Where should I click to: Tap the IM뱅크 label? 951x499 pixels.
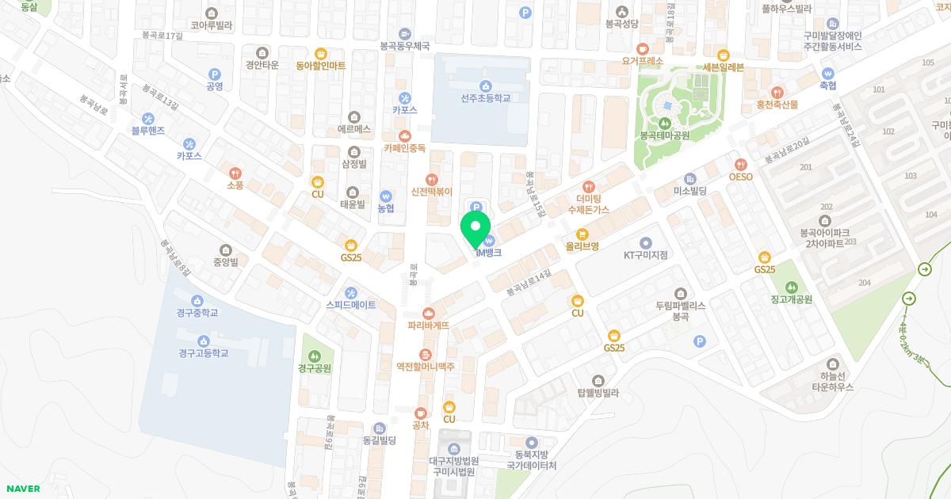click(488, 253)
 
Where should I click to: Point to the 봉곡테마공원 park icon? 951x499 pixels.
click(664, 122)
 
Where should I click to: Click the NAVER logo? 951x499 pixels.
click(24, 489)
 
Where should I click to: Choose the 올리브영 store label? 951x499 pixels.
click(582, 246)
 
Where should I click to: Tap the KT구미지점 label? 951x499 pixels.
click(645, 254)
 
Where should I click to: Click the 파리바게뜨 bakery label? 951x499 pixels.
click(429, 325)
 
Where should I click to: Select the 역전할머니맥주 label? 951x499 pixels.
click(426, 367)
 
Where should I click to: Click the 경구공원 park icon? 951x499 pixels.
click(315, 354)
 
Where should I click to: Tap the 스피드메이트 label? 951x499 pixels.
click(351, 304)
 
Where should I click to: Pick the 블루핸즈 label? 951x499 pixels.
click(147, 130)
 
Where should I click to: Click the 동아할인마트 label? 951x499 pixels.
click(320, 65)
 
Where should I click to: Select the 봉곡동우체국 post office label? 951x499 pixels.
click(405, 46)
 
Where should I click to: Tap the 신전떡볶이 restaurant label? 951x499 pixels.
click(431, 191)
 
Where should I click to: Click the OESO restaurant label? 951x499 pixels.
click(740, 177)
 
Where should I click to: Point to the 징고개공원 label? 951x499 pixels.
click(791, 299)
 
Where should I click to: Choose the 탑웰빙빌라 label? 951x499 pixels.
click(598, 392)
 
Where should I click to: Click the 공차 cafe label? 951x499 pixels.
click(420, 425)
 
